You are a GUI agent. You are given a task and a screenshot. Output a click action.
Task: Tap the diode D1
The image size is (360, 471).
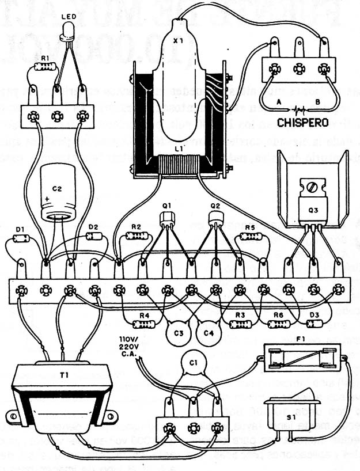point(22,238)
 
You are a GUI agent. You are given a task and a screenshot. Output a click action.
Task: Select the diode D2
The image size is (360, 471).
point(94,236)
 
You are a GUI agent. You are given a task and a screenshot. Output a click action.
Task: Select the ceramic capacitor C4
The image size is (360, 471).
point(206,332)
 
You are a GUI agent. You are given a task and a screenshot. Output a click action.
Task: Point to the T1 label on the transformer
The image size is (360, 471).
point(64,376)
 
